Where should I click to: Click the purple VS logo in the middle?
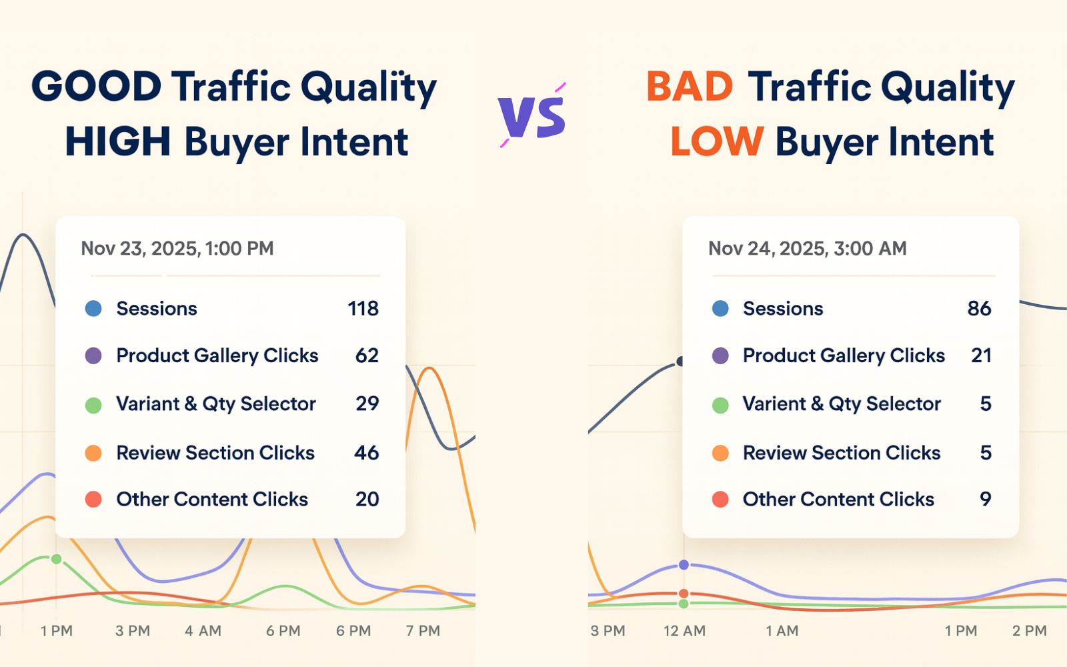click(532, 115)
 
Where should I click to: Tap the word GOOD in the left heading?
click(97, 87)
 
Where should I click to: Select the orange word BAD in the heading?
click(690, 87)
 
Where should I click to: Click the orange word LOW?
click(718, 141)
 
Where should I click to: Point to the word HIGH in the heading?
click(117, 141)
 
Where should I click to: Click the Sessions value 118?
click(363, 309)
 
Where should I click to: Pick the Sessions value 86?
click(980, 309)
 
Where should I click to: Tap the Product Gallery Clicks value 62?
click(367, 356)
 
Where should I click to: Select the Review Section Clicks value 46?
click(366, 453)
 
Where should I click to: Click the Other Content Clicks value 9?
click(986, 500)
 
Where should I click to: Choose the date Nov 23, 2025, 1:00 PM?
click(177, 248)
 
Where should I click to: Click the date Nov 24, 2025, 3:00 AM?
click(808, 248)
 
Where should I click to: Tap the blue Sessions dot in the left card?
click(93, 308)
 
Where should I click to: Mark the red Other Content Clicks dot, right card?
click(720, 500)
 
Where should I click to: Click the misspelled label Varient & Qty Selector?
click(842, 404)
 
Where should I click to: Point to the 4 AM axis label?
click(203, 631)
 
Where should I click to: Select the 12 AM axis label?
click(684, 631)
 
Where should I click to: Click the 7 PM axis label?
click(423, 631)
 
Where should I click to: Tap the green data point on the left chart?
click(56, 559)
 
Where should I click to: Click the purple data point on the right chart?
click(684, 564)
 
